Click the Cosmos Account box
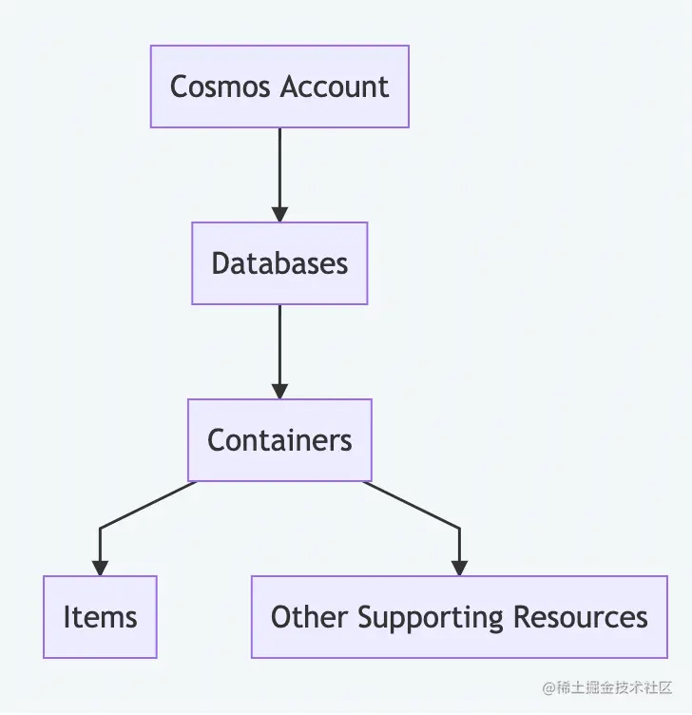(279, 87)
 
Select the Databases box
(279, 263)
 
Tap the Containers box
(279, 440)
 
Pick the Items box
(100, 617)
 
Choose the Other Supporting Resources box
(459, 617)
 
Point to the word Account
(335, 87)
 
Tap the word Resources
(581, 617)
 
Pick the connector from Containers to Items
(133, 512)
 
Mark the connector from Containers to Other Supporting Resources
(423, 510)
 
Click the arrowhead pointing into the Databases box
(279, 214)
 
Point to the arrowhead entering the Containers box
(279, 391)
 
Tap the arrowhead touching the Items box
(100, 568)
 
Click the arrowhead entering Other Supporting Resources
(459, 568)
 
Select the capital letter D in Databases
(221, 263)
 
